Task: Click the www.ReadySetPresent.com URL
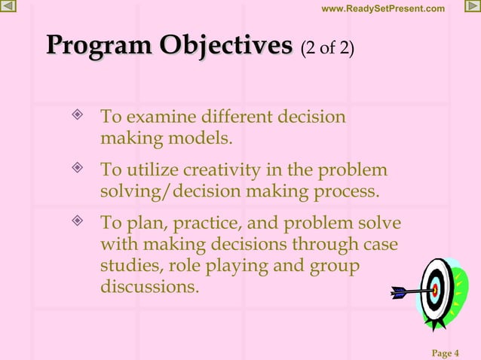(383, 8)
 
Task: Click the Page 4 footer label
(446, 353)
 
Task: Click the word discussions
(149, 287)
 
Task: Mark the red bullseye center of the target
(434, 289)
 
